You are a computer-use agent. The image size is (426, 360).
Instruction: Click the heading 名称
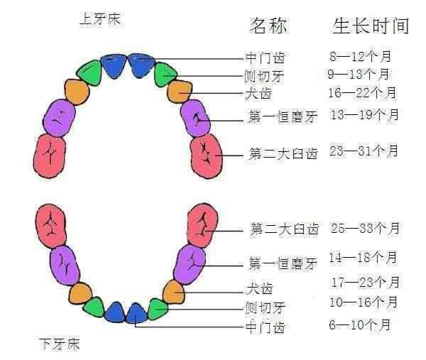tap(268, 26)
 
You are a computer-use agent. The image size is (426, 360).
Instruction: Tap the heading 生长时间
tap(371, 26)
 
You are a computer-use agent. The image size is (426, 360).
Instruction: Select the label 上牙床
tap(100, 19)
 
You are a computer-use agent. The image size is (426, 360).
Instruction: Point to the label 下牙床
tap(60, 344)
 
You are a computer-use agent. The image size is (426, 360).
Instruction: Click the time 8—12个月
tap(360, 56)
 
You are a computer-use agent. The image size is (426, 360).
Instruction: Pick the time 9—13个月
tap(359, 74)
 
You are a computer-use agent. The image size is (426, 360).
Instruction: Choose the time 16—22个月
tap(362, 92)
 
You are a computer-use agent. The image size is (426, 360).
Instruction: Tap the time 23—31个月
tap(364, 151)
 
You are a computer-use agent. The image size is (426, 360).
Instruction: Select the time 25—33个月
tap(365, 228)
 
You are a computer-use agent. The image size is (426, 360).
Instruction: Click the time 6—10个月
tap(360, 324)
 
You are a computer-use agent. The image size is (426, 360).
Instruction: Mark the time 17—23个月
tap(366, 282)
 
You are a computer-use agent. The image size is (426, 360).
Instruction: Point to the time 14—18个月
tap(364, 257)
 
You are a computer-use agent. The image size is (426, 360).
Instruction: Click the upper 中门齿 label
tap(265, 58)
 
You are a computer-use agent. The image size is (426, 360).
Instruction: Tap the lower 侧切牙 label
tap(265, 308)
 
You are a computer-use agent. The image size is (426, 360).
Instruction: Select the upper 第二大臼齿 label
tap(283, 154)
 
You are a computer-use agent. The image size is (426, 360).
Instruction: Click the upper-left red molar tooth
tap(50, 156)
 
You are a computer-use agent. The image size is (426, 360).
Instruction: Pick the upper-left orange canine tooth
tap(77, 92)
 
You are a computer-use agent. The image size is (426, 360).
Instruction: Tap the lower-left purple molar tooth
tap(65, 266)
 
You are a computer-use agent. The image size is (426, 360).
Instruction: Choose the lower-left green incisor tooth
tap(94, 307)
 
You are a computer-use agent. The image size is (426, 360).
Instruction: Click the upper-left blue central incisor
tap(114, 66)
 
